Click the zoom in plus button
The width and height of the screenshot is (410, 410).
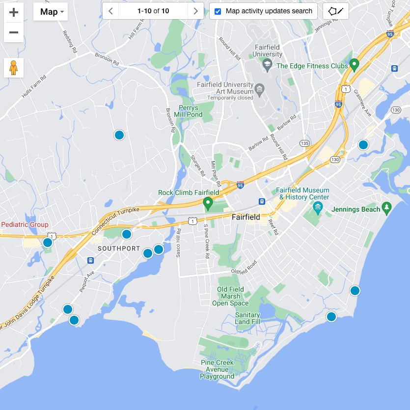pos(14,13)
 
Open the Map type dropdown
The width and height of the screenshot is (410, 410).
pos(51,12)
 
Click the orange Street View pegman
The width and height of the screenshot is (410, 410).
pos(14,68)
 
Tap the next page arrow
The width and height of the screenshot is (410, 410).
pos(196,11)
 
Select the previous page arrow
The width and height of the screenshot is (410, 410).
pos(110,11)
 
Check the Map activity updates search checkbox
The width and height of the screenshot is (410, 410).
pos(218,11)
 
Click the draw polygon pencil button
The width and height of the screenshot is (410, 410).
pos(336,11)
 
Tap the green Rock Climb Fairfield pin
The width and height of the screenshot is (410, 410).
pos(208,202)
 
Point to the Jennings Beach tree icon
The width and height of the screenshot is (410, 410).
pos(387,209)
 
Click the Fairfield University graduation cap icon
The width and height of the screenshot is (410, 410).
pos(267,64)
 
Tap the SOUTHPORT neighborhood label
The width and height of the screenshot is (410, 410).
pos(119,248)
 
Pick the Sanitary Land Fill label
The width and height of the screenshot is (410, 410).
pos(247,318)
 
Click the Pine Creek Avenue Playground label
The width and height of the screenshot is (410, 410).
pos(217,369)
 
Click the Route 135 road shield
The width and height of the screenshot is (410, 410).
pos(304,143)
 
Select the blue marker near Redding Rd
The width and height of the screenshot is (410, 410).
pos(119,135)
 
